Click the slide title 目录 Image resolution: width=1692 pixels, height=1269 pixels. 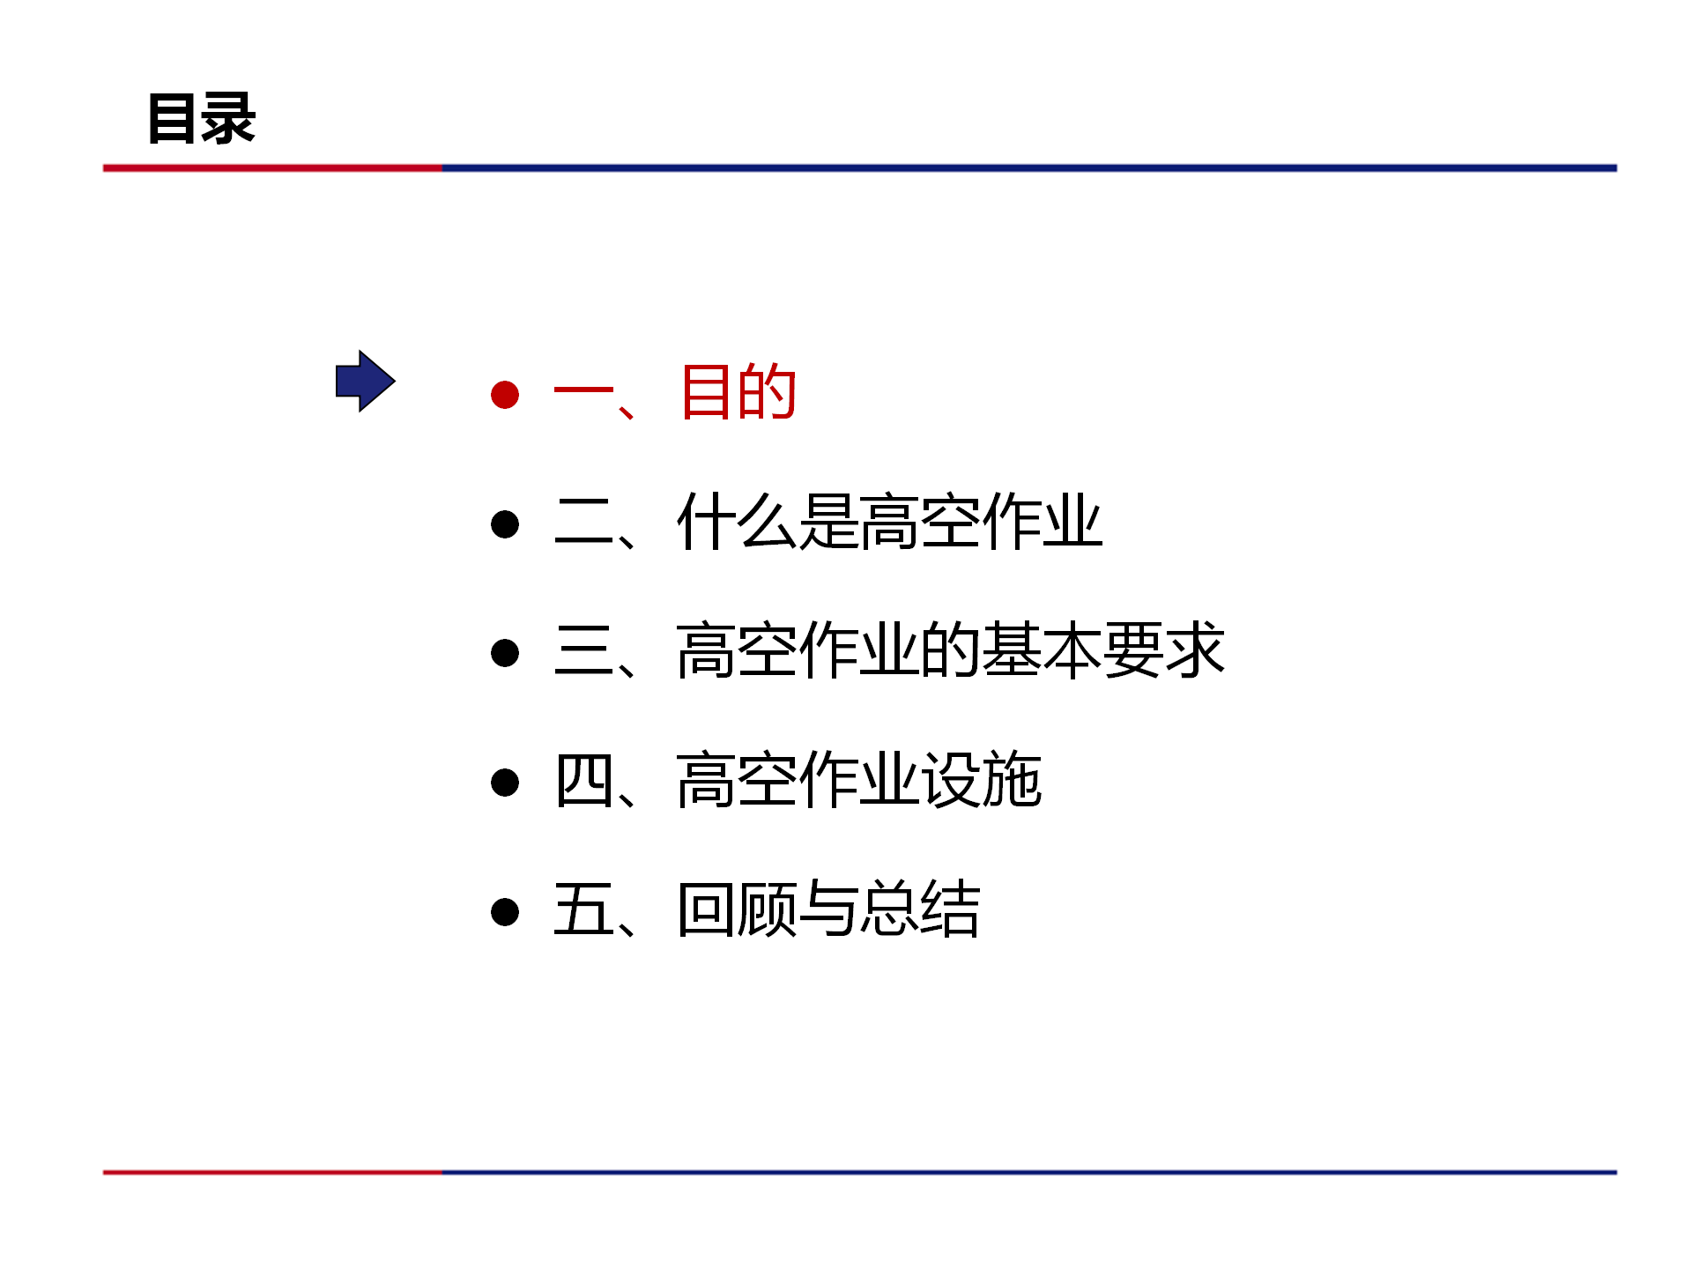[x=202, y=118]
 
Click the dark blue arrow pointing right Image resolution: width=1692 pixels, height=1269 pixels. [x=366, y=381]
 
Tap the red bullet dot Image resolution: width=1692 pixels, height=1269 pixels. [x=505, y=394]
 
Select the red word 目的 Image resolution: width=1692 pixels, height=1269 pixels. [x=738, y=391]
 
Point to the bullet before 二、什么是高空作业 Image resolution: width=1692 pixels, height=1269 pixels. [x=505, y=524]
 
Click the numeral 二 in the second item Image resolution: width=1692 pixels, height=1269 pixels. [x=583, y=522]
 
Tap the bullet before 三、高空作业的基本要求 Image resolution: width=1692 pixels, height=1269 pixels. [x=505, y=653]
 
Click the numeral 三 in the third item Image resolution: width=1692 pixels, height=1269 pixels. [x=583, y=650]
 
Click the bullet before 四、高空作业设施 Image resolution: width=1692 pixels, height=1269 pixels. [x=505, y=783]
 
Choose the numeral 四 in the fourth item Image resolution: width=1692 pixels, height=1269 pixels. [x=583, y=781]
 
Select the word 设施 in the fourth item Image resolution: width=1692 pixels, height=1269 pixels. [x=982, y=780]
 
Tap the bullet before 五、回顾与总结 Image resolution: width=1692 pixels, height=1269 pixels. [x=505, y=911]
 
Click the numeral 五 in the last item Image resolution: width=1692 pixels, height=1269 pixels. [x=583, y=909]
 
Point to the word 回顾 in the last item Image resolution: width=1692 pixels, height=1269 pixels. [x=738, y=909]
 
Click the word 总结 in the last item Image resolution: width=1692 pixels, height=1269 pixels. [x=920, y=909]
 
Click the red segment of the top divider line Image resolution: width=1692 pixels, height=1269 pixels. [x=272, y=167]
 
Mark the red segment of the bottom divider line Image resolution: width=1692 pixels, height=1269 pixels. [x=272, y=1172]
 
